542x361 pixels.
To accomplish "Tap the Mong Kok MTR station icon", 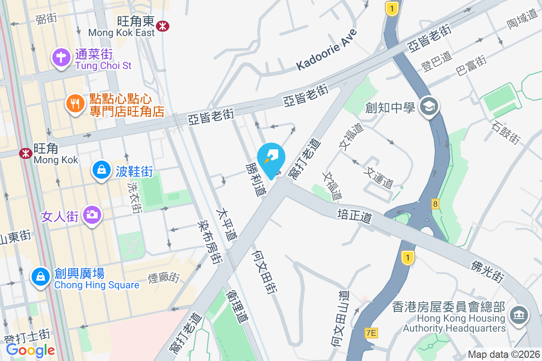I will click(x=26, y=153).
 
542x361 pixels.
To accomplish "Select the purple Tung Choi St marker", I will click(x=60, y=58).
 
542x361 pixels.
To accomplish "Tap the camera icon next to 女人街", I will click(x=92, y=216).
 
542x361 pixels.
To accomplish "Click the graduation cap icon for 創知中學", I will click(x=427, y=107).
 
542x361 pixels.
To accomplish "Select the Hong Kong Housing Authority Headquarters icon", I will click(x=519, y=315).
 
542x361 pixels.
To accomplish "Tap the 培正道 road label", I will click(x=355, y=216).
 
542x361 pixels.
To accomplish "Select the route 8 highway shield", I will click(x=435, y=204).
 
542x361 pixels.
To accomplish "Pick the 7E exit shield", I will click(x=371, y=333).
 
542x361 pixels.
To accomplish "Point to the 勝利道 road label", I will click(x=256, y=180).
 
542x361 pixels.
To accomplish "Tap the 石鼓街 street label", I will click(x=506, y=131).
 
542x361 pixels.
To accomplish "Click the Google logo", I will click(x=31, y=350).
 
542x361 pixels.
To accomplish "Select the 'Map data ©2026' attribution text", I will click(x=503, y=354).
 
